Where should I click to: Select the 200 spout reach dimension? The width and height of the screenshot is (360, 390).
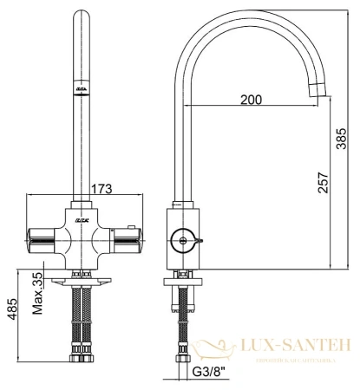pos(250,101)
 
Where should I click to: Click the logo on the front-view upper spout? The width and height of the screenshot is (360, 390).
pos(80,91)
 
